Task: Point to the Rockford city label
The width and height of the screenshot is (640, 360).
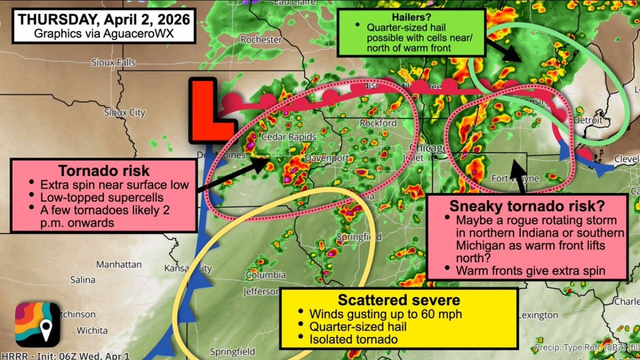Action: pos(378,123)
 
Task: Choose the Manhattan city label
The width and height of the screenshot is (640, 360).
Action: pos(119,264)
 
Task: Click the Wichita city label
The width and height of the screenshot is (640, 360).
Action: pos(92,330)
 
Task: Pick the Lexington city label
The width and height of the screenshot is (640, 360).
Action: pos(538,315)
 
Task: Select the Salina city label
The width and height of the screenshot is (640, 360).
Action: pos(83,280)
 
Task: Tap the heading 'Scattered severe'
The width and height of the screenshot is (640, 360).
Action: pos(398,300)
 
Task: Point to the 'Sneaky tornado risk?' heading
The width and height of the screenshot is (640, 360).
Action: pos(527,205)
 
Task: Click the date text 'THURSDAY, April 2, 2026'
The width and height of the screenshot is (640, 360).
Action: pos(104,19)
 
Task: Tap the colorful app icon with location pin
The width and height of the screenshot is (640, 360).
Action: pos(37,325)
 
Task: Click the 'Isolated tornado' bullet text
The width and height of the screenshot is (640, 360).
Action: pos(353,339)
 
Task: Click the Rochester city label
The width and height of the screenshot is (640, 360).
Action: pos(261,39)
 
